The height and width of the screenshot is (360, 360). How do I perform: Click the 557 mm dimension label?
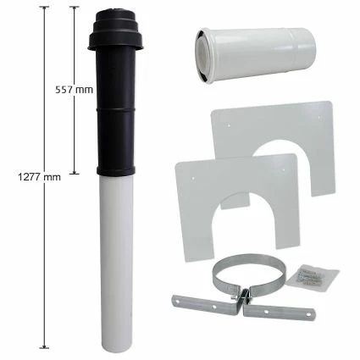74,90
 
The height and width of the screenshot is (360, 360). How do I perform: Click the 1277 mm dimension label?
39,177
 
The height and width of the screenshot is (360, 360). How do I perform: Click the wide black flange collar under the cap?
115,42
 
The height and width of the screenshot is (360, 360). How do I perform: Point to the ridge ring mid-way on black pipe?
115,108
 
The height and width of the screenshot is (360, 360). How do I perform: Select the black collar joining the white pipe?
116,171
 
